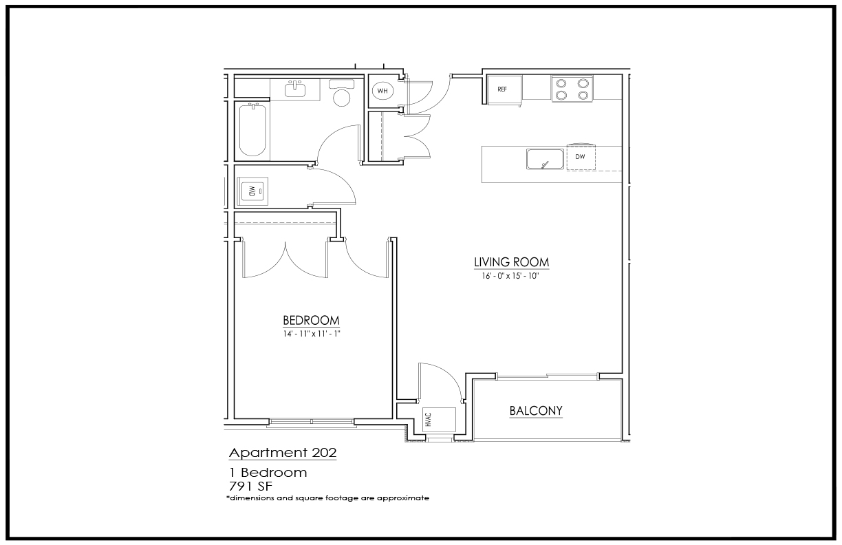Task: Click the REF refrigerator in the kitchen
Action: (504, 89)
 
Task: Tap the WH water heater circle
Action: (382, 91)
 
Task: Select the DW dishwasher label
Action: (580, 156)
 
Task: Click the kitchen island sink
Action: (545, 159)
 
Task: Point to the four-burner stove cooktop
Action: (572, 89)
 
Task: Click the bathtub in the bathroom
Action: (252, 130)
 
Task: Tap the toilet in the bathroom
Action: (341, 92)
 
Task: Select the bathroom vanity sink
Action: (295, 89)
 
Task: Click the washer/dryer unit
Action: (252, 191)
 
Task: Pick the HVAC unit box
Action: (439, 419)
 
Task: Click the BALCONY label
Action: (536, 411)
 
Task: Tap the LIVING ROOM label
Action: (511, 262)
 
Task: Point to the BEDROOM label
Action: (311, 321)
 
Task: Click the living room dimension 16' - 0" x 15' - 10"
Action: (510, 276)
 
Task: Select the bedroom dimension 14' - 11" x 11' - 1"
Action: (312, 334)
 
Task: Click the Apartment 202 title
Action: (283, 453)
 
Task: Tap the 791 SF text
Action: (250, 487)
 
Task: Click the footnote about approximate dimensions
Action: (327, 498)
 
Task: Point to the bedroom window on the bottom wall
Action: (312, 423)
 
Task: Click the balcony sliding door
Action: (547, 376)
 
